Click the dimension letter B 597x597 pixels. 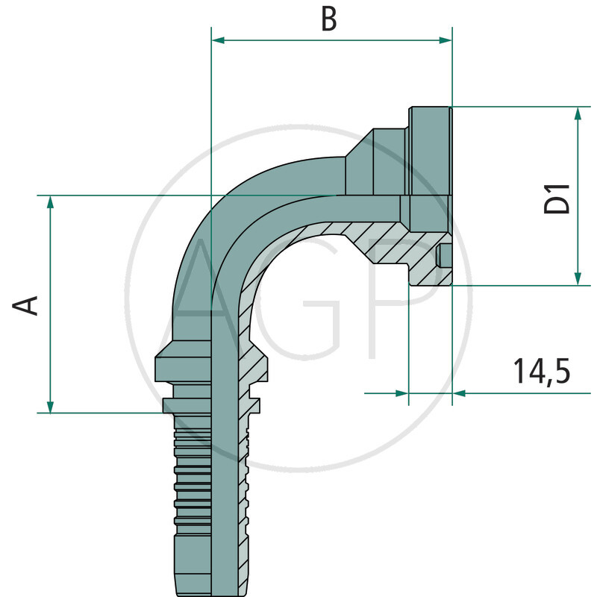click(x=329, y=19)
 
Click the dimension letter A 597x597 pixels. click(x=28, y=304)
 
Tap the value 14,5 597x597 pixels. click(x=541, y=371)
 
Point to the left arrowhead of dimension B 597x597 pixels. click(x=219, y=40)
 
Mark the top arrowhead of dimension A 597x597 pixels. click(x=50, y=202)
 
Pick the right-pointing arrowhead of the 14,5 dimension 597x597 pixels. click(x=402, y=393)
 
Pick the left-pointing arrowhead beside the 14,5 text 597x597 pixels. click(x=459, y=393)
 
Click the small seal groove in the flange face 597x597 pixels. click(x=445, y=255)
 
